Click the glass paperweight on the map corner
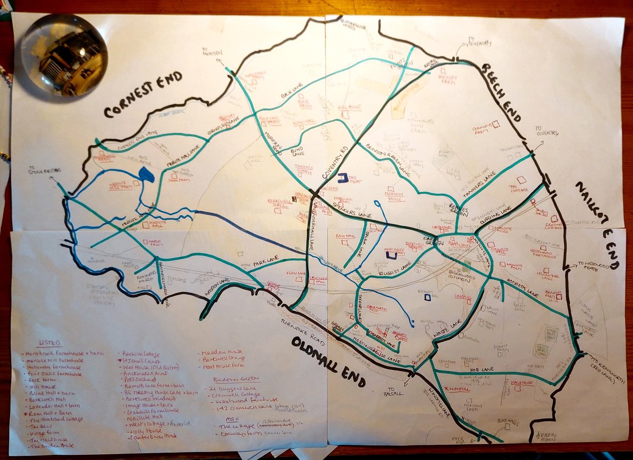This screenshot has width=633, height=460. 64,55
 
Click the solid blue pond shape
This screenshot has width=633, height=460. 146,175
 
